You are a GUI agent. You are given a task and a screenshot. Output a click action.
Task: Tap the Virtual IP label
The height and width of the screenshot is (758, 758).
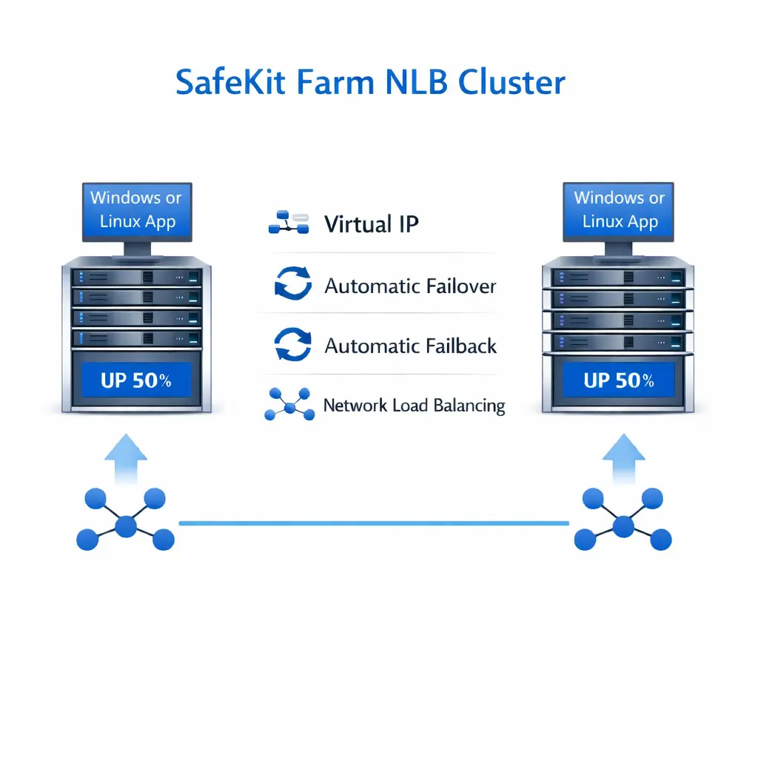click(x=372, y=224)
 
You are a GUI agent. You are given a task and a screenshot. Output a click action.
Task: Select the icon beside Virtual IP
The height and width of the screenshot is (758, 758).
click(x=288, y=224)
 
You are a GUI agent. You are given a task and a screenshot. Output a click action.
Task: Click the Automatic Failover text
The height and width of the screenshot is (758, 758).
click(x=410, y=286)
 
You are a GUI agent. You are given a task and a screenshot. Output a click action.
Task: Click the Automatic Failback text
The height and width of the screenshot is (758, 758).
click(x=411, y=346)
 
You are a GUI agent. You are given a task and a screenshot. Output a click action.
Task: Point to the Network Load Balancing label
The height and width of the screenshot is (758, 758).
click(x=414, y=406)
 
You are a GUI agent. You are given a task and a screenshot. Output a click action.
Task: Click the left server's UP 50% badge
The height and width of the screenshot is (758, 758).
click(x=136, y=380)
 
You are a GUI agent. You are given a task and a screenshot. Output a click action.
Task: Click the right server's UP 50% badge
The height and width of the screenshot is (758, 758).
click(x=619, y=380)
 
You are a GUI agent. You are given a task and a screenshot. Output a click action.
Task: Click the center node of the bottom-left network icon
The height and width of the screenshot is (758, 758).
click(x=126, y=526)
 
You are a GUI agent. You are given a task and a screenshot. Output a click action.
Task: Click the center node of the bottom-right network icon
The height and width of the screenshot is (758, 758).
click(x=623, y=526)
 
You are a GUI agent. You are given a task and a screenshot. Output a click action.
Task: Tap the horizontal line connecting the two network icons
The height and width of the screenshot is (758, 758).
click(x=374, y=523)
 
